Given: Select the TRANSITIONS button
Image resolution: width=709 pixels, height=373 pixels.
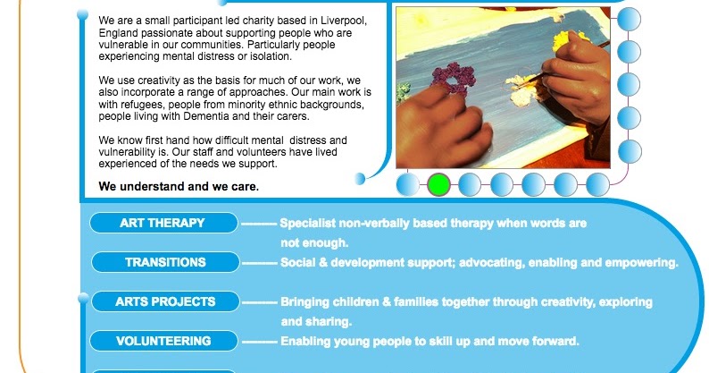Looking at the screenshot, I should (165, 262).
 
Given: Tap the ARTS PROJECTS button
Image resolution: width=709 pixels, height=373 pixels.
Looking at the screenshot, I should (165, 301).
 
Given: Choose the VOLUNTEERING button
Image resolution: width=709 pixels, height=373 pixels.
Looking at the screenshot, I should (164, 341).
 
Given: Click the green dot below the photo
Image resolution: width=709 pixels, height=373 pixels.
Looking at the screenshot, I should (438, 184).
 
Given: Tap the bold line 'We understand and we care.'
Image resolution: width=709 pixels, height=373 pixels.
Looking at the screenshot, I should (179, 187).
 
